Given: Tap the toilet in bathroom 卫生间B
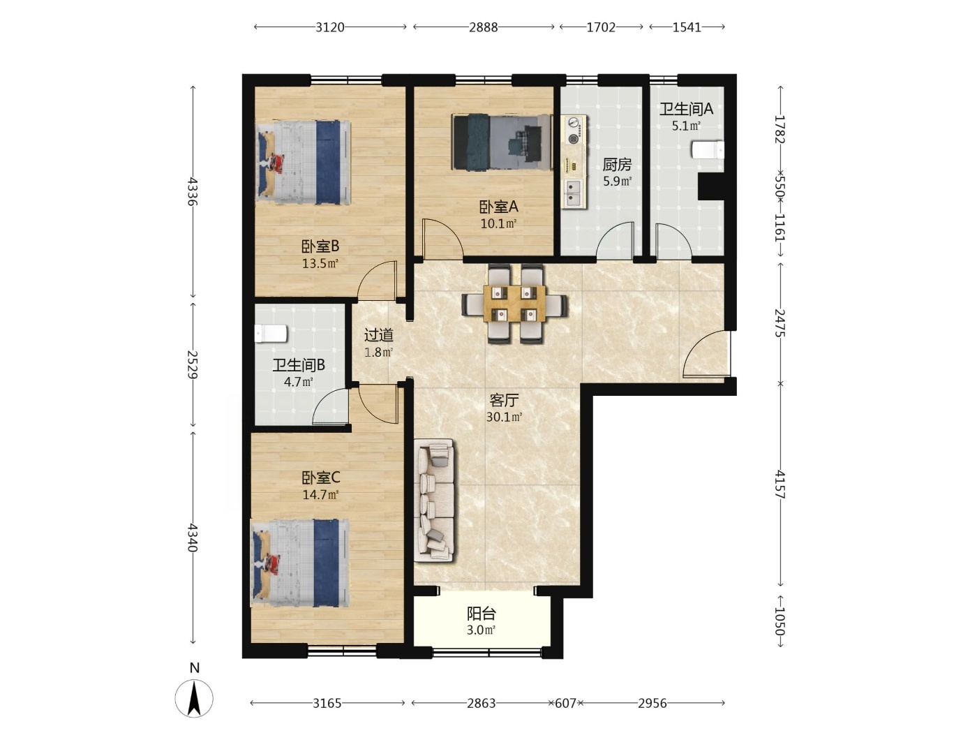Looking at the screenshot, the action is pyautogui.click(x=270, y=334).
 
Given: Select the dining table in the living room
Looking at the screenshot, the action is pyautogui.click(x=514, y=303).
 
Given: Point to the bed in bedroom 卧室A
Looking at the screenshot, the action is pyautogui.click(x=501, y=142).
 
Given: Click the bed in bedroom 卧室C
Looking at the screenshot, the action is pyautogui.click(x=299, y=563).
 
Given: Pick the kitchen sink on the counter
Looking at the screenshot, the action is pyautogui.click(x=572, y=193).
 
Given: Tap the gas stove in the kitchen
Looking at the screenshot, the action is pyautogui.click(x=574, y=131).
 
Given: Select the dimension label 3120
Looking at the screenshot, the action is pyautogui.click(x=330, y=27).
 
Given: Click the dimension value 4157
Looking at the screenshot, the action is pyautogui.click(x=780, y=484).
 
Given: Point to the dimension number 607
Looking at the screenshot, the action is pyautogui.click(x=566, y=703).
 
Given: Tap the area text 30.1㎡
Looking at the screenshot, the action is pyautogui.click(x=504, y=417).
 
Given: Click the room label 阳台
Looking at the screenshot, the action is pyautogui.click(x=481, y=614).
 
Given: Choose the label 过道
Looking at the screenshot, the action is pyautogui.click(x=379, y=335).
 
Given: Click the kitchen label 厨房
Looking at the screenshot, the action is pyautogui.click(x=617, y=165).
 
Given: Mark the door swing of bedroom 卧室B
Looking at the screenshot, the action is pyautogui.click(x=377, y=279).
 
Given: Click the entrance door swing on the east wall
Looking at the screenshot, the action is pyautogui.click(x=706, y=353).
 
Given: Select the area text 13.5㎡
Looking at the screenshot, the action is pyautogui.click(x=320, y=263).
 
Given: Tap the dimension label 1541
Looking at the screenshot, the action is pyautogui.click(x=687, y=27).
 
